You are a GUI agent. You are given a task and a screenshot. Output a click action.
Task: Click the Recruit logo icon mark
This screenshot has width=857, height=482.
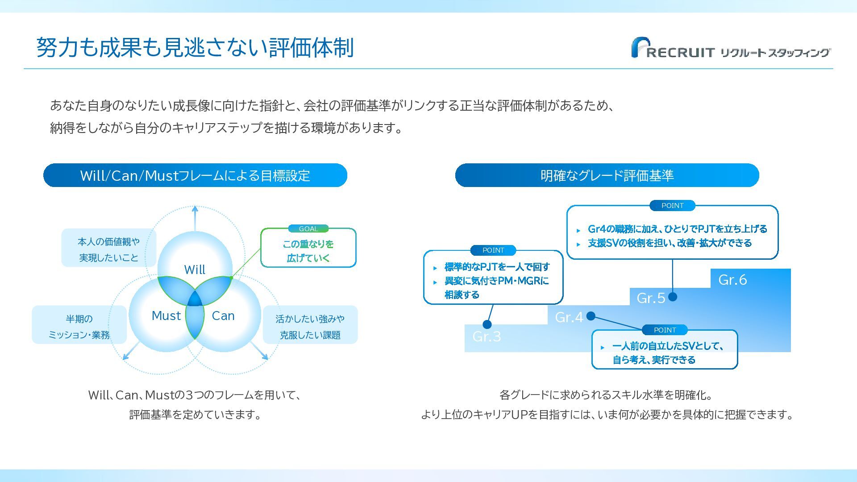tap(639, 47)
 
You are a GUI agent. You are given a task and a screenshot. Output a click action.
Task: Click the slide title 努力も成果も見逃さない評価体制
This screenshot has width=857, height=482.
tap(195, 47)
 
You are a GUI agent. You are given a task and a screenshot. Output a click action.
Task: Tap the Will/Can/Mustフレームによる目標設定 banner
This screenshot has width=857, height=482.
tap(195, 175)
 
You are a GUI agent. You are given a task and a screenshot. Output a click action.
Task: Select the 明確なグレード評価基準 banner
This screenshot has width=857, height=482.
tap(607, 175)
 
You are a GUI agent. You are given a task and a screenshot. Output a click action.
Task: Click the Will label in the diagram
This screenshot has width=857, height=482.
tap(195, 270)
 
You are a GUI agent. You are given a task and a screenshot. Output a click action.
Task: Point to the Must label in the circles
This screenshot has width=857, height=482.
tap(166, 316)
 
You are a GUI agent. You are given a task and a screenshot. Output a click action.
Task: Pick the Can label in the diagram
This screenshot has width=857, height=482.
tap(223, 316)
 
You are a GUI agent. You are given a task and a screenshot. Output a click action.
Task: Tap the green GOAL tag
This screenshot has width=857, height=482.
tap(308, 229)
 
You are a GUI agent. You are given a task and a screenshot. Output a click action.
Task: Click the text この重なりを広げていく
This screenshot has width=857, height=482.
tap(308, 251)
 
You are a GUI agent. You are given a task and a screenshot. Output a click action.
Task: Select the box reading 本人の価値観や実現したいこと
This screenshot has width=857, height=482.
tap(108, 249)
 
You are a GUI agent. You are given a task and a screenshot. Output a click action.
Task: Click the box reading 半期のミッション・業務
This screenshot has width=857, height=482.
tap(79, 326)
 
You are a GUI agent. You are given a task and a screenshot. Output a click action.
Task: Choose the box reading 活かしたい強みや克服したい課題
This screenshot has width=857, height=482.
tap(310, 326)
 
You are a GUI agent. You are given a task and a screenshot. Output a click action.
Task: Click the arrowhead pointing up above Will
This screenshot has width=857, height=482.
tap(195, 208)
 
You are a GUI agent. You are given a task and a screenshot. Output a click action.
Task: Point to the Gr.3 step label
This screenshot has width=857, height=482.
tap(487, 337)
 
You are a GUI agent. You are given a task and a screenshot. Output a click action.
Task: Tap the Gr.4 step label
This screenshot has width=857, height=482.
tap(569, 317)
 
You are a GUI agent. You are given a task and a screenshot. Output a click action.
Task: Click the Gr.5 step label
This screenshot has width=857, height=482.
tap(651, 298)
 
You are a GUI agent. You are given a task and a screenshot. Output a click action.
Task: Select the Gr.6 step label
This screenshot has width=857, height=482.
tap(732, 280)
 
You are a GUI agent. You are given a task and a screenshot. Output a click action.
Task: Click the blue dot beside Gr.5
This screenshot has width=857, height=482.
tap(673, 297)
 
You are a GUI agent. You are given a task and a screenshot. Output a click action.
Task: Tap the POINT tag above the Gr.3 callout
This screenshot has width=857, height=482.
tap(493, 250)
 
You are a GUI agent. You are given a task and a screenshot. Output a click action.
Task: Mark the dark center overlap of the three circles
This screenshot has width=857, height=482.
tap(195, 299)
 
